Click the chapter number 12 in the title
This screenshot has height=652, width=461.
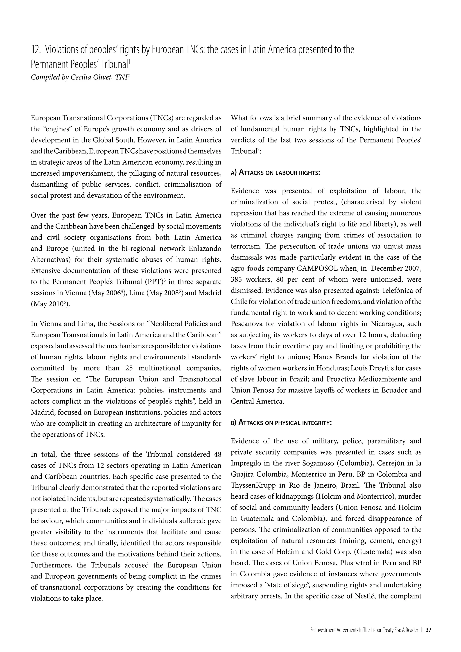click(x=35, y=50)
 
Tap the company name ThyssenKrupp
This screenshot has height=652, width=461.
click(x=250, y=485)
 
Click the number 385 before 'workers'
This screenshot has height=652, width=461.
click(x=236, y=279)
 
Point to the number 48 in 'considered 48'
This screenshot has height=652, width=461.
click(x=217, y=454)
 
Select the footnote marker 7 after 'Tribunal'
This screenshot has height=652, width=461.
click(x=258, y=149)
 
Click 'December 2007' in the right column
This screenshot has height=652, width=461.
click(x=396, y=268)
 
